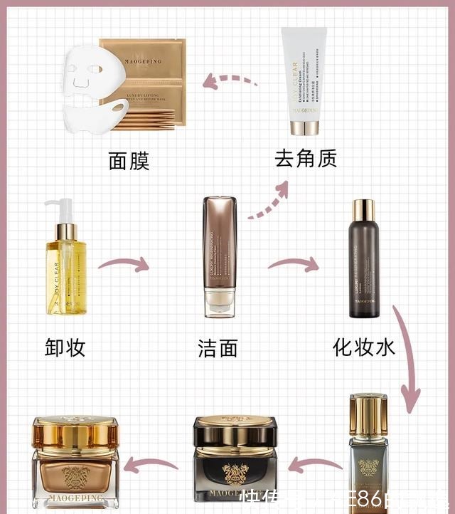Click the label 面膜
tap(129, 161)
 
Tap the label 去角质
tap(306, 158)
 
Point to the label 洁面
tap(218, 348)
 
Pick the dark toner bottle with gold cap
tap(363, 260)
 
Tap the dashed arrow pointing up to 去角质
tap(269, 200)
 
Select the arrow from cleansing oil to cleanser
tap(124, 265)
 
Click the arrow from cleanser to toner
tap(293, 265)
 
